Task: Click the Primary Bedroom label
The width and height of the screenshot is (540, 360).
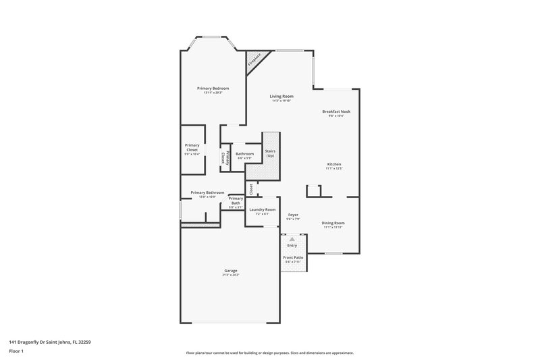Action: click(213, 88)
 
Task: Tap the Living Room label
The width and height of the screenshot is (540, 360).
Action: click(281, 97)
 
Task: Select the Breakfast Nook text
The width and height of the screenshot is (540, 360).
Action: click(335, 111)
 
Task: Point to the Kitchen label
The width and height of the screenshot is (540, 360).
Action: click(334, 164)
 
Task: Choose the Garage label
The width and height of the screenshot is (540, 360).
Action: click(230, 271)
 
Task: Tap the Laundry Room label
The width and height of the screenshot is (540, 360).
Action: click(262, 210)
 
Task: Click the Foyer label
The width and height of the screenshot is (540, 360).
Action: click(293, 215)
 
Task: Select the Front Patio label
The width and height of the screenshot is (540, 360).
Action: click(293, 257)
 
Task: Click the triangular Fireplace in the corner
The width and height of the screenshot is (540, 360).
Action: click(254, 59)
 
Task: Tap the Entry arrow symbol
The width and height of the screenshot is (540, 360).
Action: click(292, 239)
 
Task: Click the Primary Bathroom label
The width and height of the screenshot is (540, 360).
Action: click(207, 192)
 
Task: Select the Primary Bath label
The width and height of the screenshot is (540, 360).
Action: click(236, 201)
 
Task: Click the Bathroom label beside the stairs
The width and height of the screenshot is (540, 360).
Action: click(244, 154)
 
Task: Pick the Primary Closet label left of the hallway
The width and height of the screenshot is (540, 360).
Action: click(192, 147)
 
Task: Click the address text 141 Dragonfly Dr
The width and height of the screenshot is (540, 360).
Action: click(50, 342)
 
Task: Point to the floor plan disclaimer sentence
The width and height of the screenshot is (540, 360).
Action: click(270, 353)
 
